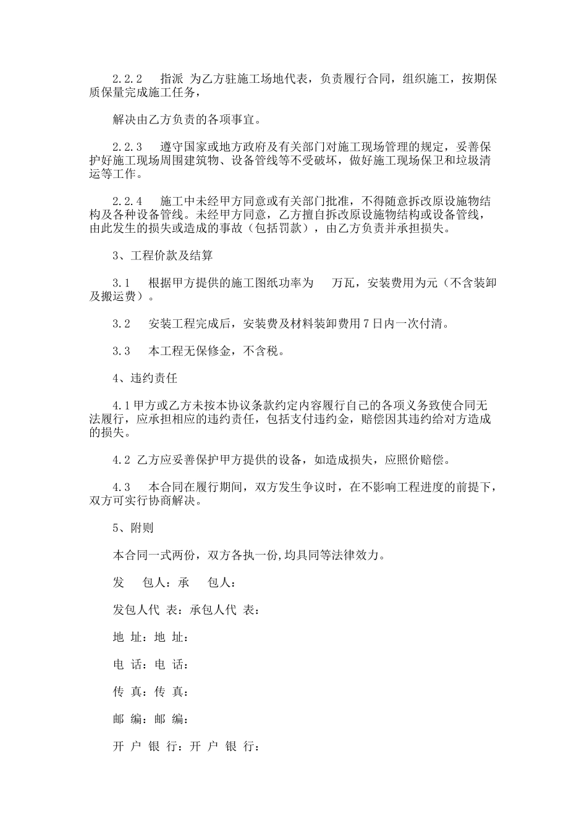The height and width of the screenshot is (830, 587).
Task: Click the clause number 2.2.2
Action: click(x=127, y=80)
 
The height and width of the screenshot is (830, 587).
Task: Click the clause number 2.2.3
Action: click(x=127, y=147)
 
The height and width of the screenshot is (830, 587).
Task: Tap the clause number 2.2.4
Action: click(x=127, y=201)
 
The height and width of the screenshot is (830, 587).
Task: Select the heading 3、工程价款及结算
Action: click(x=163, y=256)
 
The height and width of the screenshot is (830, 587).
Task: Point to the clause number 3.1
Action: click(x=121, y=283)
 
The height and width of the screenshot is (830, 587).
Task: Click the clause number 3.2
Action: click(x=121, y=324)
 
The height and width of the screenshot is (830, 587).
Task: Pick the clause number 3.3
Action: click(x=121, y=351)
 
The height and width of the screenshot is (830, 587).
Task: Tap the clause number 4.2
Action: click(x=121, y=459)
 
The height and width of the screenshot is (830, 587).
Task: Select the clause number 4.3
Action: click(x=121, y=487)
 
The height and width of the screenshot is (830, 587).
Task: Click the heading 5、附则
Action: click(x=133, y=528)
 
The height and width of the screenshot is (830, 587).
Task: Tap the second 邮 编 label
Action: click(x=171, y=719)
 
